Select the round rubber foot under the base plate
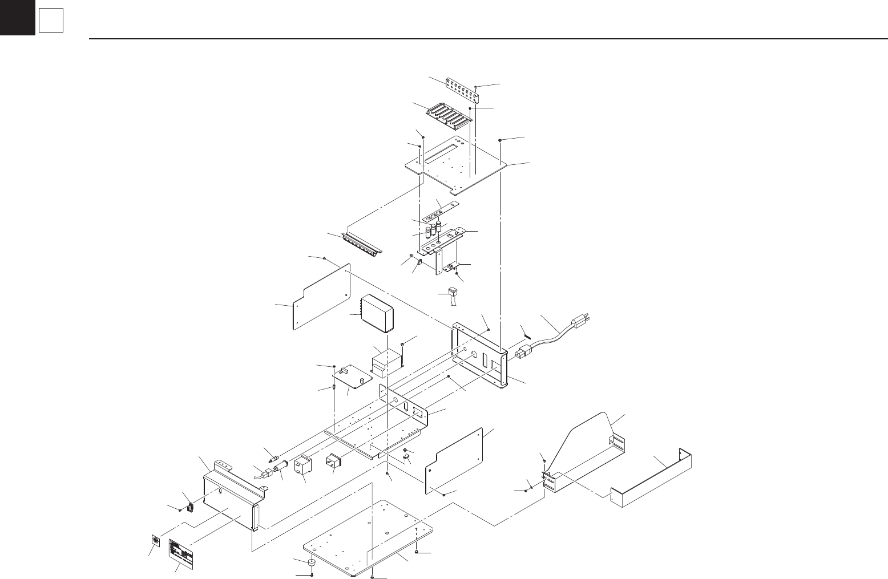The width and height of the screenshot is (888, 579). click(313, 564)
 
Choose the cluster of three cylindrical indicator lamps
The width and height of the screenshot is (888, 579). click(434, 229)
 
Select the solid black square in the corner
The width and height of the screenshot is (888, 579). click(17, 18)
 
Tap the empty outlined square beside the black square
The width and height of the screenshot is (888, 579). click(50, 22)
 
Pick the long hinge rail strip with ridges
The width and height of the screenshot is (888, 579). click(362, 245)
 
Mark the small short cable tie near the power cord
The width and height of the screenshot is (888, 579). click(525, 330)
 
